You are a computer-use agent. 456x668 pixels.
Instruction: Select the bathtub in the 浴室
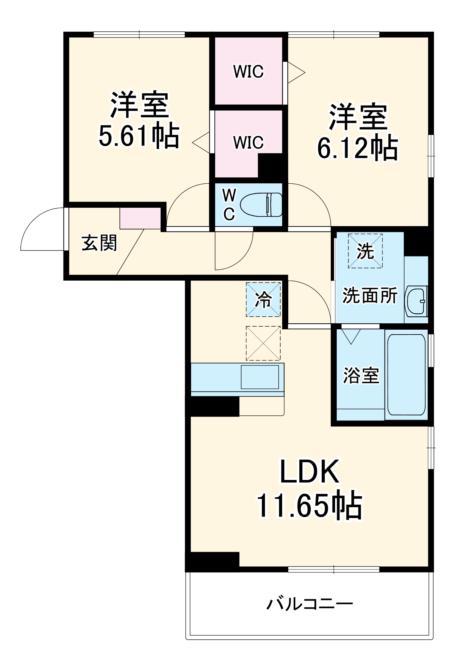pyautogui.click(x=406, y=374)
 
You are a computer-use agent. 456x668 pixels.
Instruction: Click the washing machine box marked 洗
pyautogui.click(x=365, y=251)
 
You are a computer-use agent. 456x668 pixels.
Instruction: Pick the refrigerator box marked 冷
pyautogui.click(x=263, y=300)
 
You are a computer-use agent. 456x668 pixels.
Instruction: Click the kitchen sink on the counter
pyautogui.click(x=260, y=377)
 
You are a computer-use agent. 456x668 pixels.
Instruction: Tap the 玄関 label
pyautogui.click(x=100, y=243)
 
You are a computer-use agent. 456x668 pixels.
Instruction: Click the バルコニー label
pyautogui.click(x=309, y=604)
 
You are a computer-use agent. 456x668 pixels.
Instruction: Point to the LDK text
pyautogui.click(x=309, y=472)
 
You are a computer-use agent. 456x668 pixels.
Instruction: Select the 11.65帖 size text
pyautogui.click(x=309, y=505)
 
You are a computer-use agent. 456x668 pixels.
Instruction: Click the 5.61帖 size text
pyautogui.click(x=139, y=137)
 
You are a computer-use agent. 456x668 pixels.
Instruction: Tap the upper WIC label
pyautogui.click(x=249, y=71)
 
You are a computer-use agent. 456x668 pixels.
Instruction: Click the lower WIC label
pyautogui.click(x=249, y=142)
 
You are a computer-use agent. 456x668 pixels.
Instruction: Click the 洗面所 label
pyautogui.click(x=370, y=295)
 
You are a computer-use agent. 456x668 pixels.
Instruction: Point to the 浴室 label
pyautogui.click(x=361, y=375)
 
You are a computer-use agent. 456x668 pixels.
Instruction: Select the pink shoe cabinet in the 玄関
pyautogui.click(x=140, y=218)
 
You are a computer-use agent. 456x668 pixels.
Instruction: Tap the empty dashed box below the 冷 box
pyautogui.click(x=263, y=343)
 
